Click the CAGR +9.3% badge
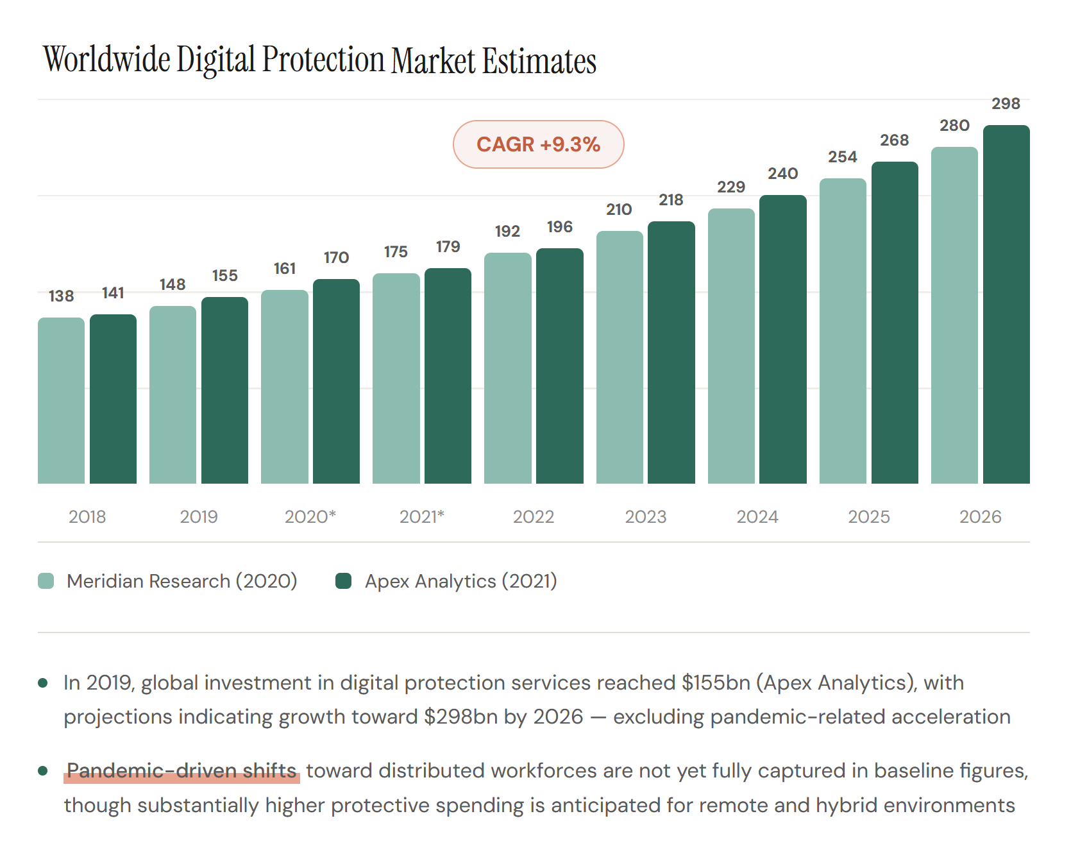[538, 144]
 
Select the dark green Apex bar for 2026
[1006, 305]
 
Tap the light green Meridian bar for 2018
[61, 400]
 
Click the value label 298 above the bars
[1006, 104]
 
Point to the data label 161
[285, 269]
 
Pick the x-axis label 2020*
[310, 516]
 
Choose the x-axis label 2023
[645, 516]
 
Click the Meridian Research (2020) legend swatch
[46, 581]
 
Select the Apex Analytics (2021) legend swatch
[344, 581]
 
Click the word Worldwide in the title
[107, 60]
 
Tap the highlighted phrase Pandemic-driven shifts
[182, 770]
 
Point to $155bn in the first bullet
[716, 683]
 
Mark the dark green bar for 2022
[559, 366]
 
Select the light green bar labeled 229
[731, 346]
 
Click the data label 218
[671, 200]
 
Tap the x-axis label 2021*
[422, 516]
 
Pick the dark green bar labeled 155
[224, 390]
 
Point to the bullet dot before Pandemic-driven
[43, 770]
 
